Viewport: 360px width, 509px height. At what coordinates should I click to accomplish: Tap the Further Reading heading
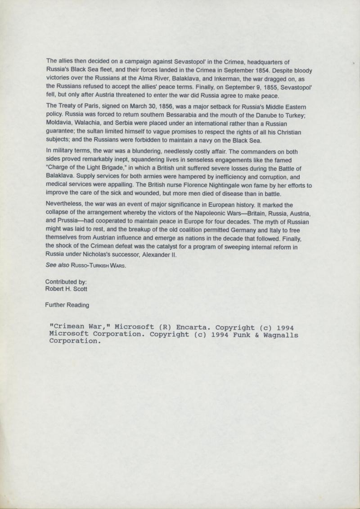(x=67, y=305)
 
